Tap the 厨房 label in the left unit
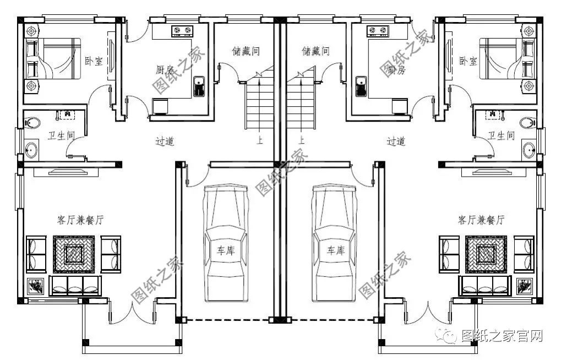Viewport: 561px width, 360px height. [165, 70]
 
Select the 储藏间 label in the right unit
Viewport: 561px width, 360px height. [315, 51]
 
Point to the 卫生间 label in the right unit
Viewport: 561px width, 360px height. [502, 135]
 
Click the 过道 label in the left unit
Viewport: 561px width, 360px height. [165, 141]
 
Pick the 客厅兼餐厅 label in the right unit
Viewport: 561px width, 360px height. [481, 220]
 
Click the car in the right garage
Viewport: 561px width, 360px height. [334, 243]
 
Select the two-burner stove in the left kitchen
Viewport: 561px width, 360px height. [182, 30]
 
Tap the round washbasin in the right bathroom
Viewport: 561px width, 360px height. [529, 150]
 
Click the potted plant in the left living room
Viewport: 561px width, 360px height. [36, 286]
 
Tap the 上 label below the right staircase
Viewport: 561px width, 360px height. [301, 140]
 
